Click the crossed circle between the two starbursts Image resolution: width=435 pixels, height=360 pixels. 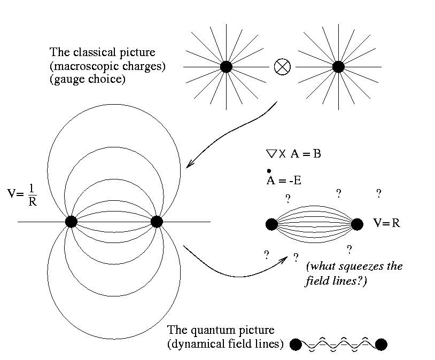point(282,67)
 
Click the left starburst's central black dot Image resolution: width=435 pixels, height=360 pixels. point(226,67)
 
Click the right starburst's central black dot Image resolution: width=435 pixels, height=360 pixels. point(338,67)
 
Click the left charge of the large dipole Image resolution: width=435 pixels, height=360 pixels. point(71,221)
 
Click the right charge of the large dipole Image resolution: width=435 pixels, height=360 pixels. point(156,221)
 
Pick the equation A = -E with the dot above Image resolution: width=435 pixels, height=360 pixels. point(283,180)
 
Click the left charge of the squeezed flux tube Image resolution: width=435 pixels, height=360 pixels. point(271,224)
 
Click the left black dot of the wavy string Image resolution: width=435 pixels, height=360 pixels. point(296,345)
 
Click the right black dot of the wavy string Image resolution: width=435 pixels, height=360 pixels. point(381,345)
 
